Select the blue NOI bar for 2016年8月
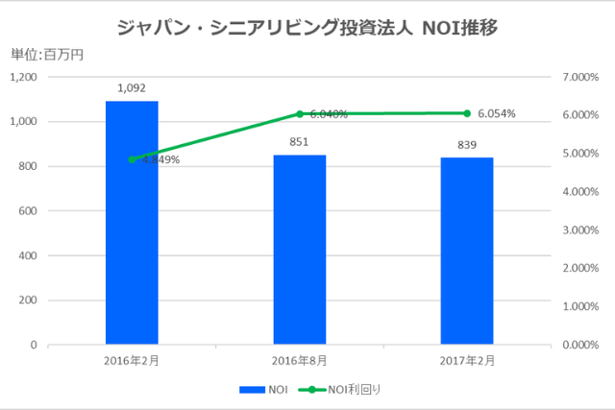click(300, 250)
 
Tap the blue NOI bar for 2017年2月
click(467, 251)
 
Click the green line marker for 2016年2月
click(132, 159)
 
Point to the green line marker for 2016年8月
click(300, 113)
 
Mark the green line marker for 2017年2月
click(467, 113)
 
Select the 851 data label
click(300, 142)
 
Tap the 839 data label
click(467, 145)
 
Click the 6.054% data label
click(496, 113)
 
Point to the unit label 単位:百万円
click(47, 55)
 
